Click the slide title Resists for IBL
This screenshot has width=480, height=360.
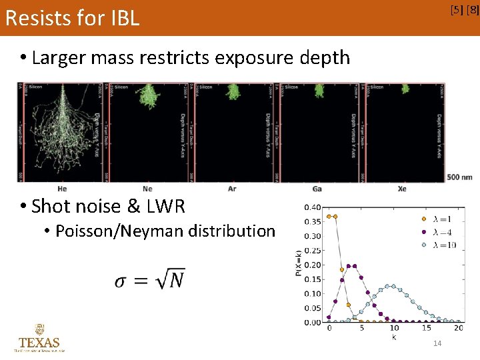[72, 18]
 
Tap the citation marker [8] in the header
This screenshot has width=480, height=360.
[472, 9]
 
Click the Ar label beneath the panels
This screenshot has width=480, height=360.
[232, 189]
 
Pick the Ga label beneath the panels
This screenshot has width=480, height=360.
[317, 189]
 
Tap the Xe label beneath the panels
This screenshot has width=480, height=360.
[401, 189]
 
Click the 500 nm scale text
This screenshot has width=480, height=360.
[460, 177]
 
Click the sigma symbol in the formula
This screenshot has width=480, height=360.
[120, 281]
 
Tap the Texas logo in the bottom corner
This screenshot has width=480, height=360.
[39, 338]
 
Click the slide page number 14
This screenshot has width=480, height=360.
[437, 343]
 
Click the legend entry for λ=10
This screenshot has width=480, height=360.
[443, 245]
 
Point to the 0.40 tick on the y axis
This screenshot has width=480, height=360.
[312, 207]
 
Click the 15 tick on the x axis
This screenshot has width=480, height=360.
[426, 329]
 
